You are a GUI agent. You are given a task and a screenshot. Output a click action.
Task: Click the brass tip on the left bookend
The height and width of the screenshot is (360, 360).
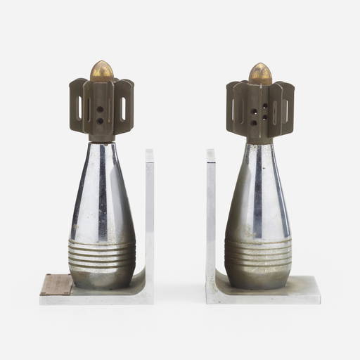pyautogui.click(x=102, y=70)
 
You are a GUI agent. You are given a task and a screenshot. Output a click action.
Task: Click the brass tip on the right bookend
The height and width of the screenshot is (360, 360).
pyautogui.click(x=259, y=72)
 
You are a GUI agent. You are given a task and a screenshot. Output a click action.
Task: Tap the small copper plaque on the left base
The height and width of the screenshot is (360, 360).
pyautogui.click(x=56, y=284)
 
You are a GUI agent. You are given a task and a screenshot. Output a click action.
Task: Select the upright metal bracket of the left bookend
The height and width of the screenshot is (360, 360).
pyautogui.click(x=149, y=211)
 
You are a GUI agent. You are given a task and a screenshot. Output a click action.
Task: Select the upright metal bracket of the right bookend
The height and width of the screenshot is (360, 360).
pyautogui.click(x=211, y=211)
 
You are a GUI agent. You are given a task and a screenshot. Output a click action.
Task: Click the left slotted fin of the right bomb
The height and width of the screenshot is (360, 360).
pyautogui.click(x=235, y=109)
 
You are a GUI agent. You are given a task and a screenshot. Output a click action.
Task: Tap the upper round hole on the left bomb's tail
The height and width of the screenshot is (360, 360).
pyautogui.click(x=101, y=110)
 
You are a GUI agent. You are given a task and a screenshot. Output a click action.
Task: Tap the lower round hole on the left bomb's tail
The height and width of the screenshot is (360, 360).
pyautogui.click(x=101, y=121)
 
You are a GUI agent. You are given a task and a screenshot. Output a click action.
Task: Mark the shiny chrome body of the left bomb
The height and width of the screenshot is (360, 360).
pyautogui.click(x=102, y=190)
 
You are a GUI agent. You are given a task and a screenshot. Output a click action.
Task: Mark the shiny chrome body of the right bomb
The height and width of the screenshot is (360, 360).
pyautogui.click(x=258, y=190)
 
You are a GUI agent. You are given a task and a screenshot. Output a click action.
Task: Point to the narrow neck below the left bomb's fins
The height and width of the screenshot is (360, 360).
pyautogui.click(x=102, y=139)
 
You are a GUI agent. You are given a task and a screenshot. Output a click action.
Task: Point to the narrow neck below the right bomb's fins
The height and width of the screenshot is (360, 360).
pyautogui.click(x=259, y=140)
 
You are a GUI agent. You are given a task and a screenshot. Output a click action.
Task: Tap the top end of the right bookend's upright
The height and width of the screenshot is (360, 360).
pyautogui.click(x=211, y=152)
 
